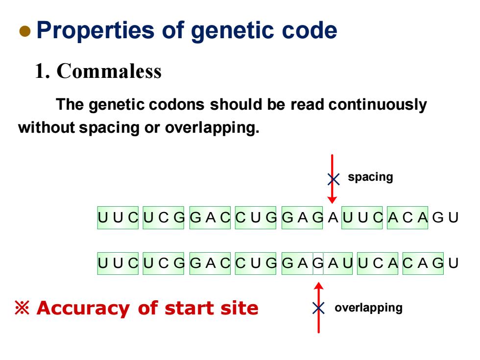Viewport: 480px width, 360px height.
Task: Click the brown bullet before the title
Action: click(25, 31)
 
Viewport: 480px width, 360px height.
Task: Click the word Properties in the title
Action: click(95, 30)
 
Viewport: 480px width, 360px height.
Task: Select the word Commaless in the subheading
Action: click(109, 71)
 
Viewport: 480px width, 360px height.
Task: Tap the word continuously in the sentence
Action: click(378, 105)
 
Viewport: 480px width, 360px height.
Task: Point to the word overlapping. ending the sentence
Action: click(212, 128)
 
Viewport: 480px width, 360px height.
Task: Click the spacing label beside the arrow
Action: click(370, 177)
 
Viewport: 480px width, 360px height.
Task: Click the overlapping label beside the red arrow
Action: click(368, 308)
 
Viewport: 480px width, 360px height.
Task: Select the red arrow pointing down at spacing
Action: click(332, 179)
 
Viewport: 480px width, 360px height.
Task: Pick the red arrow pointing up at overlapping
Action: click(319, 308)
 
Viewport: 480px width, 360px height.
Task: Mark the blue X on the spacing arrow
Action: click(334, 179)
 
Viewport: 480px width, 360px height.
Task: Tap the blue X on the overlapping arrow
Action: click(318, 308)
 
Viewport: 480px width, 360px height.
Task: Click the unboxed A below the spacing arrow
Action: click(333, 217)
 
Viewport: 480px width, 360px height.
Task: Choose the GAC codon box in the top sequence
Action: click(210, 217)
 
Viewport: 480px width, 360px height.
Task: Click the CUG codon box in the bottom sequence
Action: click(256, 264)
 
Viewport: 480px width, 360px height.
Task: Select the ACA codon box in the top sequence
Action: click(408, 217)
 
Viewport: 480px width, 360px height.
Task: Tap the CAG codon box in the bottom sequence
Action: click(423, 264)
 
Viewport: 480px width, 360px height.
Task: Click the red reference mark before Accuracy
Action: click(22, 308)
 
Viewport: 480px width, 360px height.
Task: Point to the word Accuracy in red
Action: click(83, 309)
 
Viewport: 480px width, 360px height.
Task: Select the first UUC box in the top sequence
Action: click(118, 217)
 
